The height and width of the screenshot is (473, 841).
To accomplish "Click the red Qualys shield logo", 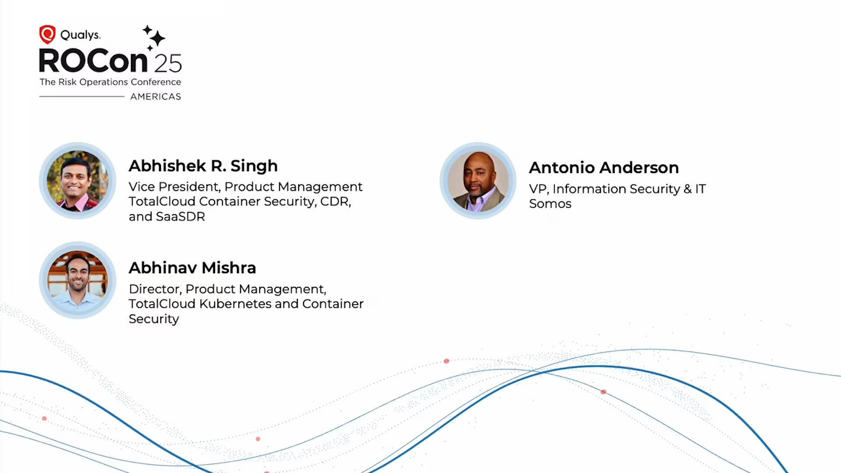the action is coord(47,34).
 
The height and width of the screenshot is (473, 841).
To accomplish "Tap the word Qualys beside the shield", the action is coord(80,35).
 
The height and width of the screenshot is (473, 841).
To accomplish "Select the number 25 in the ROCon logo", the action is coord(168,64).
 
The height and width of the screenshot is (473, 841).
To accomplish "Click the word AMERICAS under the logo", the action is coord(155,96).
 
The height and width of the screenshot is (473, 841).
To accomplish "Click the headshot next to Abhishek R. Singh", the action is coord(78,180).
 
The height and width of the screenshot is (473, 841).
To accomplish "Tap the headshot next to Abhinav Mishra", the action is coord(78,280).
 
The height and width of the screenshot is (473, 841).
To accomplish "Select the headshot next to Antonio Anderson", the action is coord(478,180).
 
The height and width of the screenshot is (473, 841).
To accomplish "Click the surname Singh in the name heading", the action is coord(254,166).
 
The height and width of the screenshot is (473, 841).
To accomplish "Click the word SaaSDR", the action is coord(180,216).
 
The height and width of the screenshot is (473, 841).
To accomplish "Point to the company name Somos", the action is coord(550,204).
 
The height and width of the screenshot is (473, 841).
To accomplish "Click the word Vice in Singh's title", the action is coord(141,187).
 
